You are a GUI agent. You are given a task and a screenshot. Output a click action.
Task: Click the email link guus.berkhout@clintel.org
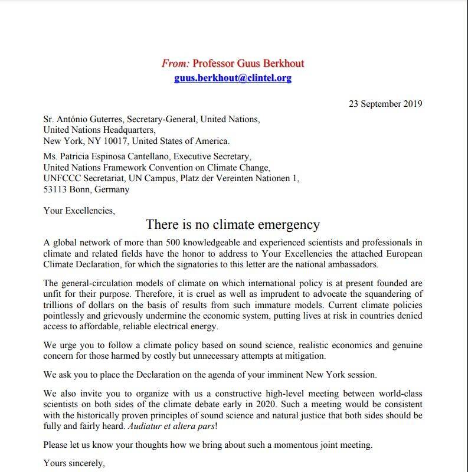coord(233,78)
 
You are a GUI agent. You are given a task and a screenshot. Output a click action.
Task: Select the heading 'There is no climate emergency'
coord(233,225)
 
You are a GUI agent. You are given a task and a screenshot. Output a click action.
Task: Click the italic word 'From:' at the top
coord(175,63)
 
